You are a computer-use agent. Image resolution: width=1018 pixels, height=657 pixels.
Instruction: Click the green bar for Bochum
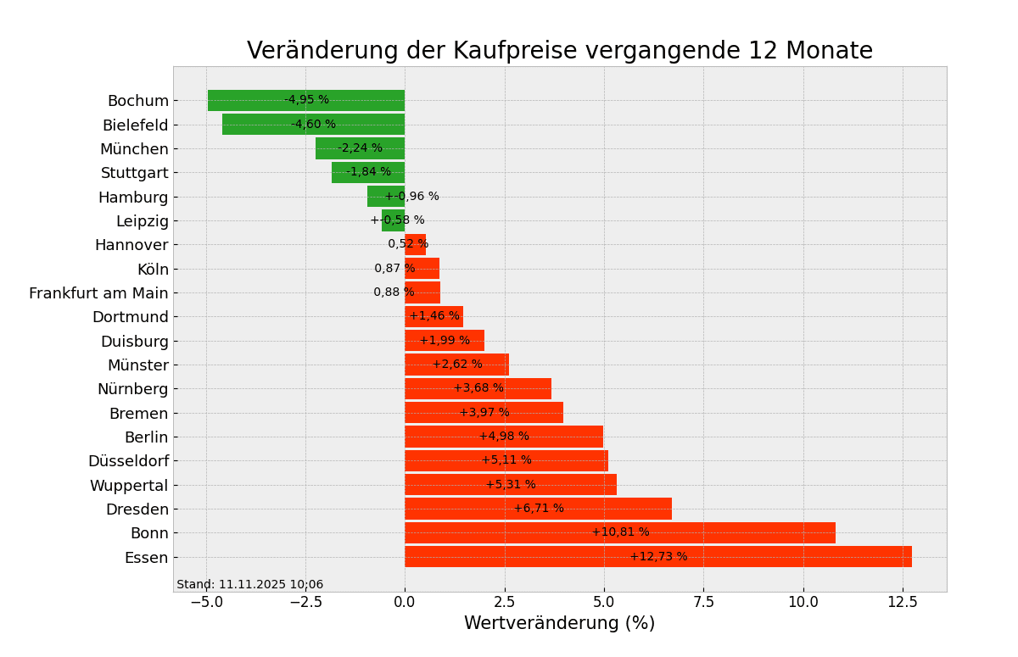[255, 100]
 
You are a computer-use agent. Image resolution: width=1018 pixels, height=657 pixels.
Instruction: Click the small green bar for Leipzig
[393, 220]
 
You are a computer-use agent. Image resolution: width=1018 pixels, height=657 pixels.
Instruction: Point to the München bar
[331, 148]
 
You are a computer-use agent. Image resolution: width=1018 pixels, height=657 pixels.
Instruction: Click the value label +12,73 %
[658, 557]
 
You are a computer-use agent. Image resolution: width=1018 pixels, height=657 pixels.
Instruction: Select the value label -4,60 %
[313, 125]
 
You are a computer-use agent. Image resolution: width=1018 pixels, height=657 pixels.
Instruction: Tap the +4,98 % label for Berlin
[504, 437]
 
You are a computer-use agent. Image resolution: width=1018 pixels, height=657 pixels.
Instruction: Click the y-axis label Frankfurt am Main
[98, 293]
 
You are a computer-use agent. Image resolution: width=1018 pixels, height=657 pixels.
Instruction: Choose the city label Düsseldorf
[128, 461]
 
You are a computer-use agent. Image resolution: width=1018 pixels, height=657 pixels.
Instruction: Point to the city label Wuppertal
[129, 486]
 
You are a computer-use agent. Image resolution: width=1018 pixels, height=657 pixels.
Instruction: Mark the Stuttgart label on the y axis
[135, 173]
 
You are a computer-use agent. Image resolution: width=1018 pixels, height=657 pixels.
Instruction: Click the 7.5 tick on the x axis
[703, 602]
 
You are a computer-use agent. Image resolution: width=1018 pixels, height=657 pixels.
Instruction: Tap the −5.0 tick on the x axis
[206, 602]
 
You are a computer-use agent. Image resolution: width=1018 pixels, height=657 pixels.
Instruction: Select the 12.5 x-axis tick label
[902, 602]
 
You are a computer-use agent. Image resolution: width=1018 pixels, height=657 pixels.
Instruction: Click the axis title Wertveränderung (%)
[559, 624]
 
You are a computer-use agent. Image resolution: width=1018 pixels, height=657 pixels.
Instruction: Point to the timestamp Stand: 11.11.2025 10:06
[249, 585]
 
